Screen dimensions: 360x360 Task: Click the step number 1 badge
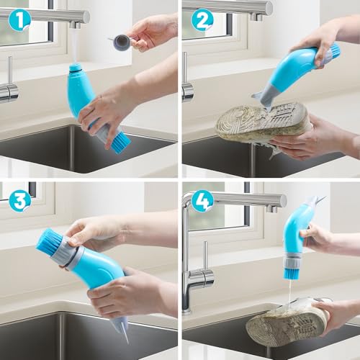click(x=20, y=18)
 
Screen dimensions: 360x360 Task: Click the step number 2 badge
click(x=202, y=19)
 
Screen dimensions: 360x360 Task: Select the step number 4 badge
click(x=202, y=199)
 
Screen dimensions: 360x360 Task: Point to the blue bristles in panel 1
click(x=119, y=141)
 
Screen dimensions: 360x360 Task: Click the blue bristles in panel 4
click(x=291, y=272)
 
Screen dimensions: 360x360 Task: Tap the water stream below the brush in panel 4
click(x=290, y=294)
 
